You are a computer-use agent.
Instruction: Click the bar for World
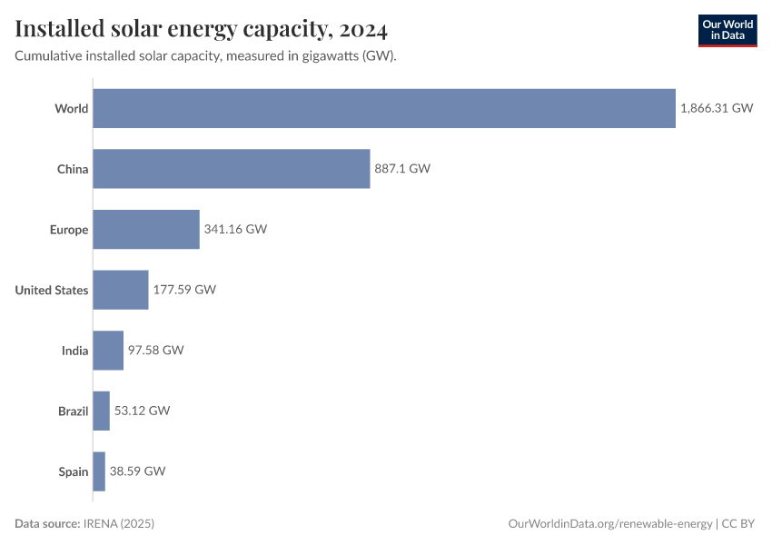pos(384,108)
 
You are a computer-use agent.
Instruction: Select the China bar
pos(232,169)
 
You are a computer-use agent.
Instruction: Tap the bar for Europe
pos(146,229)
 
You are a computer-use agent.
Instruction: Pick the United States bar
pos(121,290)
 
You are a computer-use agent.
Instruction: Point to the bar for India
pos(108,351)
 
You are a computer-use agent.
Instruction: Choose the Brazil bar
pos(101,411)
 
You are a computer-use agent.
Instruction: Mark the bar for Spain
pos(99,471)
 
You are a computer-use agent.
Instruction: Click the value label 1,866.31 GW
pos(717,108)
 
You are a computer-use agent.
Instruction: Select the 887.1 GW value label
pos(401,169)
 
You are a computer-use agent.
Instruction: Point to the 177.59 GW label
pos(184,290)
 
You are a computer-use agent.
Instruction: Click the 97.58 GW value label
pos(155,351)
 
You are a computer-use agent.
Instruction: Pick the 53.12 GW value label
pos(142,411)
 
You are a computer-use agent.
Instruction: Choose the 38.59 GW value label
pos(138,471)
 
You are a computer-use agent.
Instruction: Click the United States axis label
pos(52,290)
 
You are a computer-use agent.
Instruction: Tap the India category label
pos(74,351)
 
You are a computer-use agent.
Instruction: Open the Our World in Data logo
pos(727,30)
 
